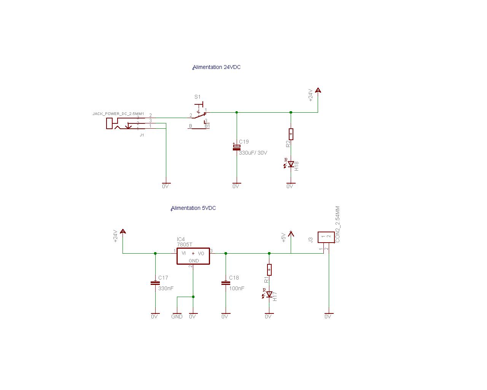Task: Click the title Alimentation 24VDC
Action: (x=217, y=67)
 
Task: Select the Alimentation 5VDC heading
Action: (x=194, y=208)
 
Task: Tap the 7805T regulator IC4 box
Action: (x=193, y=256)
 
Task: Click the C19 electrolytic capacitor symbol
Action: (x=237, y=147)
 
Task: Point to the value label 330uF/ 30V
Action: (x=253, y=153)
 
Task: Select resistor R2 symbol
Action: (x=291, y=134)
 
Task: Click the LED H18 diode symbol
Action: (x=291, y=164)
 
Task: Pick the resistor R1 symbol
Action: (x=269, y=270)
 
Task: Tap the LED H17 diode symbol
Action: (x=269, y=294)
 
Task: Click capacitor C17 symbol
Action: (x=155, y=283)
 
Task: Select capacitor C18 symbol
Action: (x=226, y=283)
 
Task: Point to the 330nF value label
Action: (x=166, y=288)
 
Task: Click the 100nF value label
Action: (x=237, y=288)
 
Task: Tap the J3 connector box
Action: (x=326, y=237)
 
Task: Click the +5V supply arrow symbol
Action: (x=291, y=233)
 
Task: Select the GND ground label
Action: (x=177, y=316)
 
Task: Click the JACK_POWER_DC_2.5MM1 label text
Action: (x=118, y=114)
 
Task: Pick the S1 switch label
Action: (x=197, y=97)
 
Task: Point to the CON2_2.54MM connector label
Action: (x=337, y=224)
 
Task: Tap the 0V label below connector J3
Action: (x=328, y=316)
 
